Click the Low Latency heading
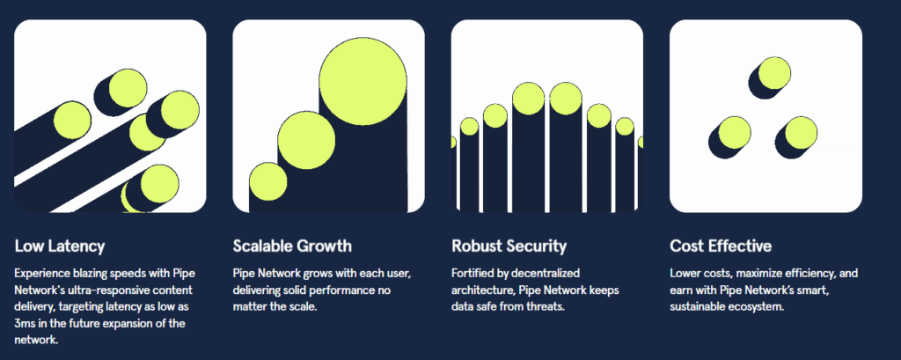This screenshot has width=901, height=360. point(60,246)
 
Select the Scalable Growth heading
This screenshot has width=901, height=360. point(292,246)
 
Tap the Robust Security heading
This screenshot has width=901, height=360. point(509,246)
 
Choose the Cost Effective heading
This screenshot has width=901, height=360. point(721,246)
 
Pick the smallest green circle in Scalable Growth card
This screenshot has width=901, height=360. point(267,181)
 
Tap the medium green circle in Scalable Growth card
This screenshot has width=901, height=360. point(306,140)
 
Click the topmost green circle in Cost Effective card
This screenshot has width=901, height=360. point(774,74)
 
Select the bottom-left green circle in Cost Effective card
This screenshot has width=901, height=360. point(735,132)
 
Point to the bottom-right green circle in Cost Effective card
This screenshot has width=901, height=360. point(801,132)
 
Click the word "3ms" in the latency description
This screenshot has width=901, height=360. point(26,324)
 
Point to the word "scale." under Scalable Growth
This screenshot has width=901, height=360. point(303,306)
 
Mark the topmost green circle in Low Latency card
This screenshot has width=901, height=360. point(128,89)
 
